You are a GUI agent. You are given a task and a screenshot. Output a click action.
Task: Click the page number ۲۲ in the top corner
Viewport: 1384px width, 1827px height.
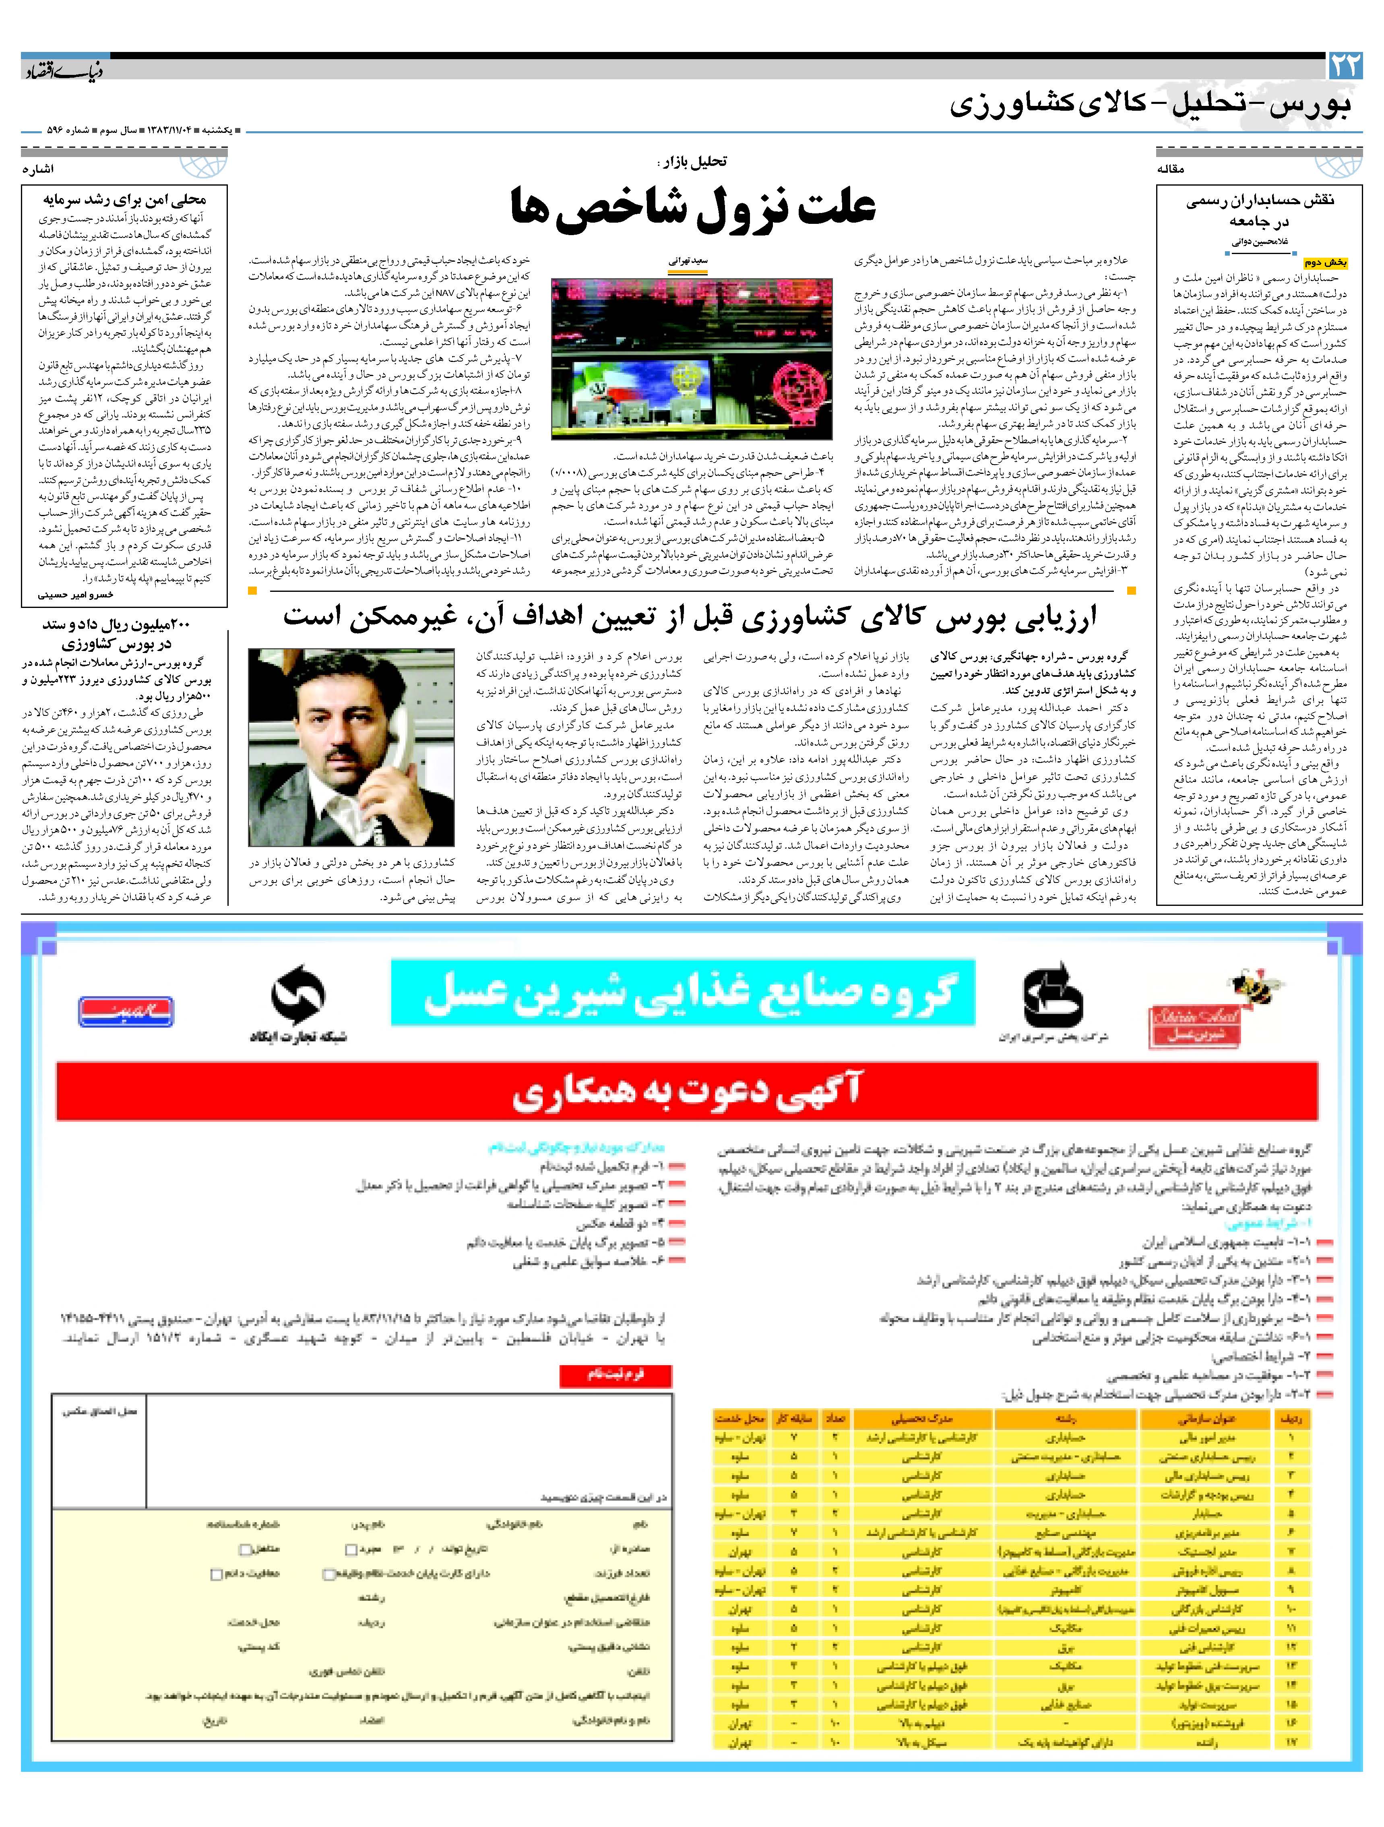[x=1345, y=66]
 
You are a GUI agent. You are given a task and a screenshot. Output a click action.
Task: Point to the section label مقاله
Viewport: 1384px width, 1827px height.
[x=1171, y=169]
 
